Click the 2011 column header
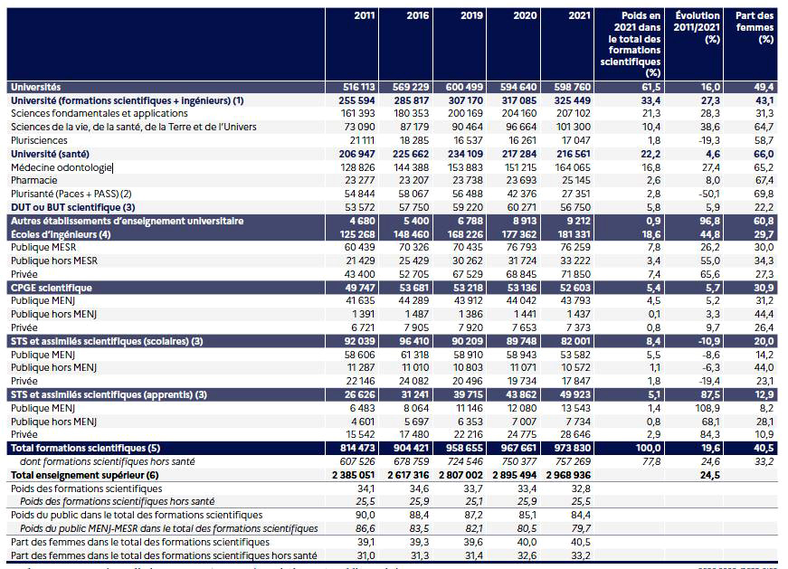366,15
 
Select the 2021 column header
579,15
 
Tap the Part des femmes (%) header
755,27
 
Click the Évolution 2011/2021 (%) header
698,27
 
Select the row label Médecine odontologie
61,167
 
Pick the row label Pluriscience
38,140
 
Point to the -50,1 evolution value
707,194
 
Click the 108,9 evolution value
707,408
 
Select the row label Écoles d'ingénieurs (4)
60,234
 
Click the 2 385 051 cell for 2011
348,475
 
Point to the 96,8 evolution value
707,221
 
